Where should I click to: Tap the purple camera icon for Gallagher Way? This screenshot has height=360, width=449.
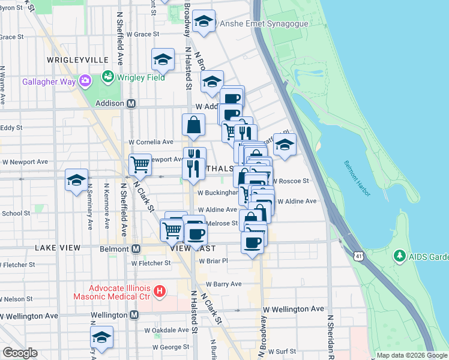pos(85,80)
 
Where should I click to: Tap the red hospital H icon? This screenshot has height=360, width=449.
pos(159,292)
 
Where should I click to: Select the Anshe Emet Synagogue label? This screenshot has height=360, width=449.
pos(264,24)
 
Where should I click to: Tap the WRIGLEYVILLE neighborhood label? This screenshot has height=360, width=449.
pos(77,60)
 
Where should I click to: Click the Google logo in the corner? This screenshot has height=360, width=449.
pos(20,353)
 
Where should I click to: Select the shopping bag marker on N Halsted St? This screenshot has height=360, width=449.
pos(194,125)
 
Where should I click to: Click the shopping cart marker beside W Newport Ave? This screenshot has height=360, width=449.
pos(140,164)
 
